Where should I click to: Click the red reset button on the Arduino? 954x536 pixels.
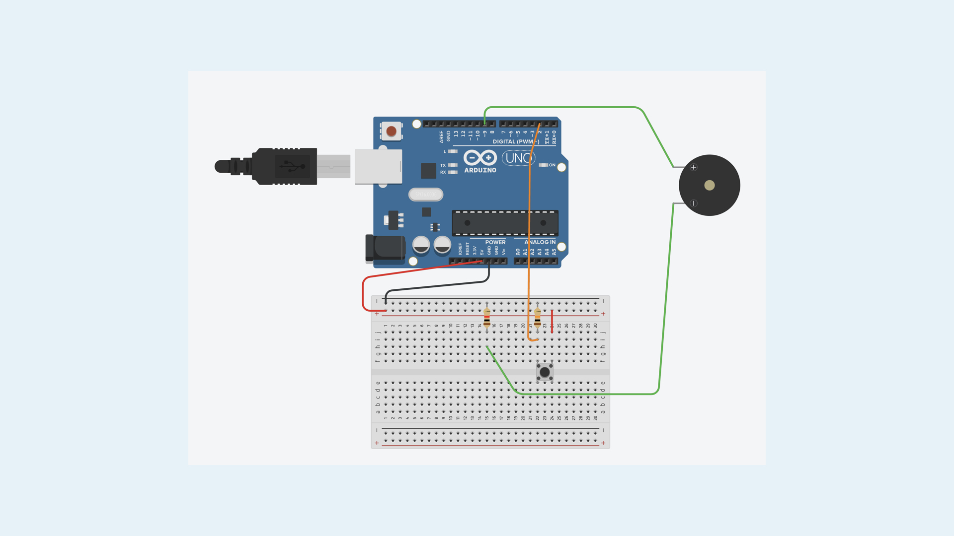(x=392, y=132)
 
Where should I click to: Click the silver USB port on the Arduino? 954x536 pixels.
(x=378, y=167)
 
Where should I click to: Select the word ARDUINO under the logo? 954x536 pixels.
(x=480, y=170)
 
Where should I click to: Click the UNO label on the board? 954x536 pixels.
(x=518, y=158)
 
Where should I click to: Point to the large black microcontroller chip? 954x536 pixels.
(x=505, y=223)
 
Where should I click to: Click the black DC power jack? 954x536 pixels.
(x=385, y=248)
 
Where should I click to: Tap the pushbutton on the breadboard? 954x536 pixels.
(x=545, y=372)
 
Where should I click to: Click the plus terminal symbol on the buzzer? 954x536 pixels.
(x=694, y=167)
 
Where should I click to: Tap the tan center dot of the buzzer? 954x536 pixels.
(x=710, y=185)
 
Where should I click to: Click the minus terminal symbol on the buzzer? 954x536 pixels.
(x=694, y=203)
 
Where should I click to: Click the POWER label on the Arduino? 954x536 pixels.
(x=495, y=242)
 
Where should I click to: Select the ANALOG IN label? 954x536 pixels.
(x=540, y=242)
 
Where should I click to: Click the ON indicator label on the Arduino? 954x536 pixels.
(x=552, y=165)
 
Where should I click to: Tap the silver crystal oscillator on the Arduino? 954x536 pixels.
(x=426, y=195)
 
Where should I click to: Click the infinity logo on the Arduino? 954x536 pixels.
(x=480, y=158)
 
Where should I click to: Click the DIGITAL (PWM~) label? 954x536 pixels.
(x=516, y=142)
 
